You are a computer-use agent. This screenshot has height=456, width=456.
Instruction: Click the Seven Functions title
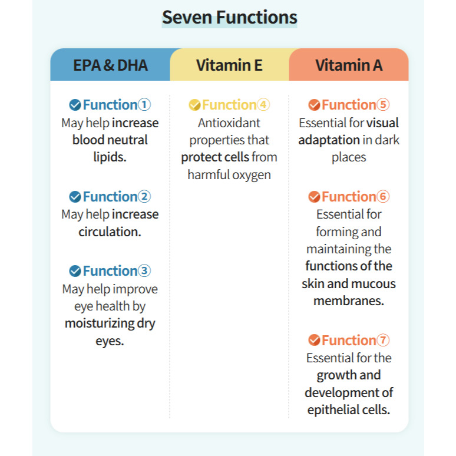tap(229, 17)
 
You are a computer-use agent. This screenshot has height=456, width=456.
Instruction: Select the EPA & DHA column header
tap(110, 65)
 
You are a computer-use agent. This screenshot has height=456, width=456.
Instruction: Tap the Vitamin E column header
tap(229, 65)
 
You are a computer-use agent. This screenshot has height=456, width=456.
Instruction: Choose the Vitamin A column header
tap(348, 65)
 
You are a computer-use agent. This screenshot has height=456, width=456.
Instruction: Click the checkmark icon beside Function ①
tap(75, 105)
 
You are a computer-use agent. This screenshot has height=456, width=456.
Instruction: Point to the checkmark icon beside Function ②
tap(75, 197)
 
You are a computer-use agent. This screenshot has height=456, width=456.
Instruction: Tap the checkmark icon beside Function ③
tap(75, 271)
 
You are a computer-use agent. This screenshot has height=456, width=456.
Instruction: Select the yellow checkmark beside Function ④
tap(194, 105)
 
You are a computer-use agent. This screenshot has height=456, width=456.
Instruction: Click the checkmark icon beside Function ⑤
tap(314, 105)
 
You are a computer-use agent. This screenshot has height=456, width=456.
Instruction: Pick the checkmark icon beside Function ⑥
tap(314, 197)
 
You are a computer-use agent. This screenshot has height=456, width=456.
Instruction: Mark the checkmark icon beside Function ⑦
tap(314, 340)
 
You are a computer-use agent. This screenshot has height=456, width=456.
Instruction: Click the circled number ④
tap(263, 105)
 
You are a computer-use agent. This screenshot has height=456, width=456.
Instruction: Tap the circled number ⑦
tap(384, 340)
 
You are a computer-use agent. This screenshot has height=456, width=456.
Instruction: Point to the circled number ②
tap(144, 197)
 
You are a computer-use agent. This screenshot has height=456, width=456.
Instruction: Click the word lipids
tap(110, 157)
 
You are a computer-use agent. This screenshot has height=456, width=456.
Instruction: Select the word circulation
tap(110, 232)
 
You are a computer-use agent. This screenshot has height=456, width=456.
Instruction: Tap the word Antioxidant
tap(229, 123)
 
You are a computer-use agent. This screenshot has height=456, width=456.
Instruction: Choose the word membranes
tap(348, 301)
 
